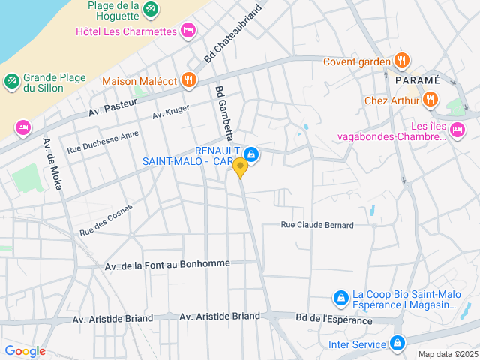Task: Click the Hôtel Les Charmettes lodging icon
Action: click(x=187, y=31)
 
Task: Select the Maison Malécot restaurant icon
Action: click(x=187, y=79)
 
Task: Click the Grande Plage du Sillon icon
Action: click(x=12, y=81)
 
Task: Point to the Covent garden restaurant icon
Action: click(x=402, y=61)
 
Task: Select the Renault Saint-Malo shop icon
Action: click(x=251, y=155)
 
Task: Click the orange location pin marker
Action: click(x=240, y=166)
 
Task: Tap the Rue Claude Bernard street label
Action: click(x=316, y=225)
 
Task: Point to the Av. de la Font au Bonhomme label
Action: click(x=167, y=265)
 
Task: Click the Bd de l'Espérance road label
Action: click(x=334, y=320)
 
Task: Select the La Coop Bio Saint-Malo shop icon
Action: click(x=340, y=298)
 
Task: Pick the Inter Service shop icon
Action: click(x=397, y=343)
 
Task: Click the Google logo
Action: click(x=25, y=351)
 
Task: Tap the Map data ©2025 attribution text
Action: click(x=448, y=354)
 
